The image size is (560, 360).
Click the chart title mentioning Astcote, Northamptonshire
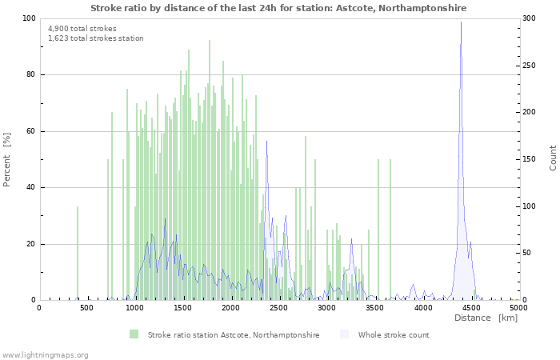pos(278,8)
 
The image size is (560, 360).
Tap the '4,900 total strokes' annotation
pos(82,29)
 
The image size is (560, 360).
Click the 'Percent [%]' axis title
pos(7,159)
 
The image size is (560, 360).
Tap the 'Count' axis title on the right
pos(553,158)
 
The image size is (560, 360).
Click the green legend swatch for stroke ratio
pos(134,334)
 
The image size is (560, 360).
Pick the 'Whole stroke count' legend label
pos(394,335)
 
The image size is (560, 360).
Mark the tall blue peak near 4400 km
pos(461,24)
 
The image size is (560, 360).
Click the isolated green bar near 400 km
pos(78,252)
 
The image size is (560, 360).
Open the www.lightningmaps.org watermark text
pos(45,354)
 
